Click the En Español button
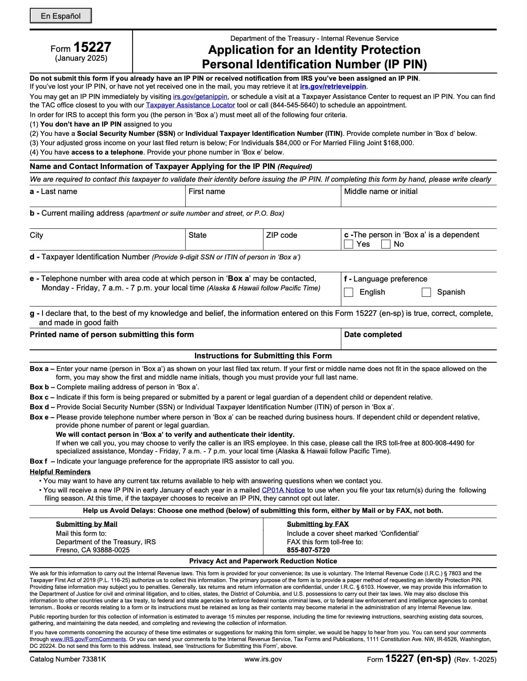click(x=61, y=16)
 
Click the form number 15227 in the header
click(x=92, y=47)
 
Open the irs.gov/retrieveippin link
click(x=333, y=87)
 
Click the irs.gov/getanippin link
click(x=200, y=97)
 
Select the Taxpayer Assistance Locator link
click(x=190, y=105)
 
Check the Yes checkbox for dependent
click(x=349, y=244)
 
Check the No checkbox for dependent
click(x=386, y=244)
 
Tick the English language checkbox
click(x=349, y=292)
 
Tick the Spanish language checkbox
click(x=426, y=292)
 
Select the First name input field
click(x=263, y=200)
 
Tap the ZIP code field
click(x=302, y=244)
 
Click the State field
click(x=224, y=244)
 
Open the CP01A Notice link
click(x=283, y=490)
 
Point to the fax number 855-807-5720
click(x=308, y=550)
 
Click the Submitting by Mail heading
click(x=87, y=524)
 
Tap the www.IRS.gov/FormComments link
click(x=88, y=639)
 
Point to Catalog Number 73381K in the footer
click(x=68, y=659)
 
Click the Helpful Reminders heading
click(x=60, y=472)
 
